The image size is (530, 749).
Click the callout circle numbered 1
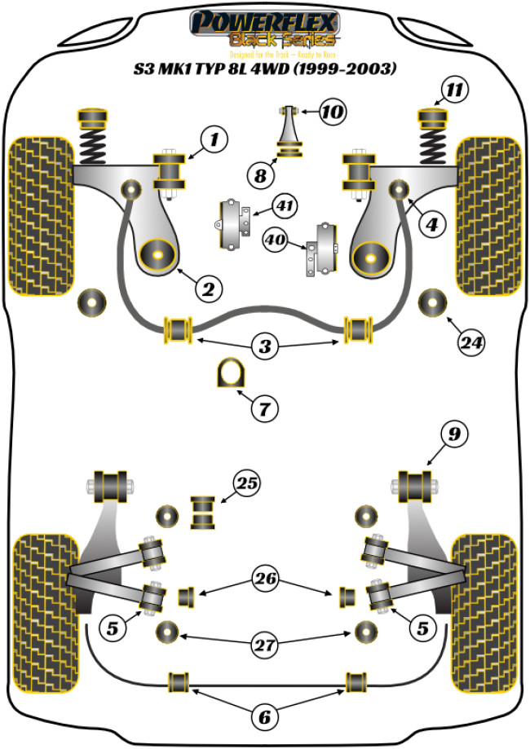point(214,141)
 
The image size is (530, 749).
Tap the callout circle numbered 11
point(457,90)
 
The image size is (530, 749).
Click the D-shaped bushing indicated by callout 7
point(229,374)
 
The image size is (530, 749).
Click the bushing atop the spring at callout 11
point(433,119)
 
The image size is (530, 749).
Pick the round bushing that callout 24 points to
point(432,303)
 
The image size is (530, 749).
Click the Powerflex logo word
point(264,20)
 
